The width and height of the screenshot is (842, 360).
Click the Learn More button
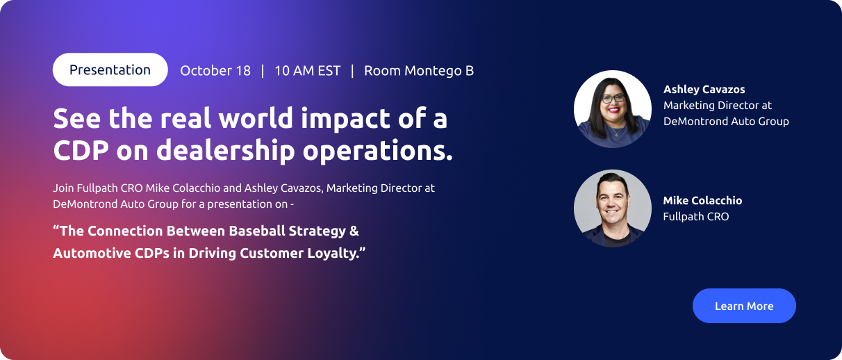[744, 306]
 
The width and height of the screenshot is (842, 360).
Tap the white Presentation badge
[110, 69]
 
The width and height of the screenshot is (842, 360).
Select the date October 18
[215, 71]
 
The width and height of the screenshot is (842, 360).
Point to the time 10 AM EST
[308, 71]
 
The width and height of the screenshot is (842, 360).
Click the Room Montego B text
[419, 71]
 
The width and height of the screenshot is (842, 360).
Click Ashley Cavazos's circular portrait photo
[613, 109]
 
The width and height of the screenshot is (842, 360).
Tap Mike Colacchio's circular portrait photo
[613, 208]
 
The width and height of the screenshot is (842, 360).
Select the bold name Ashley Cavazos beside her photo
[704, 90]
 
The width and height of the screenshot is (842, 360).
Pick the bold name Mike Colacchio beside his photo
[702, 200]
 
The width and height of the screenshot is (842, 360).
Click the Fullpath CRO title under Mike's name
[696, 217]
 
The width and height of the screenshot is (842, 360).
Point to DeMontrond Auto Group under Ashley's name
[726, 122]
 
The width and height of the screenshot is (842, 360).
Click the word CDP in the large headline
[81, 151]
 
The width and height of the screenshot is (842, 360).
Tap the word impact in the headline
[346, 120]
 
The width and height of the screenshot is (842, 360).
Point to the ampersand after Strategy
[354, 231]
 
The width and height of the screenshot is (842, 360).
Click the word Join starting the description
[63, 188]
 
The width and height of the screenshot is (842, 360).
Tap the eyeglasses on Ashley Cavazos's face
[613, 99]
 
